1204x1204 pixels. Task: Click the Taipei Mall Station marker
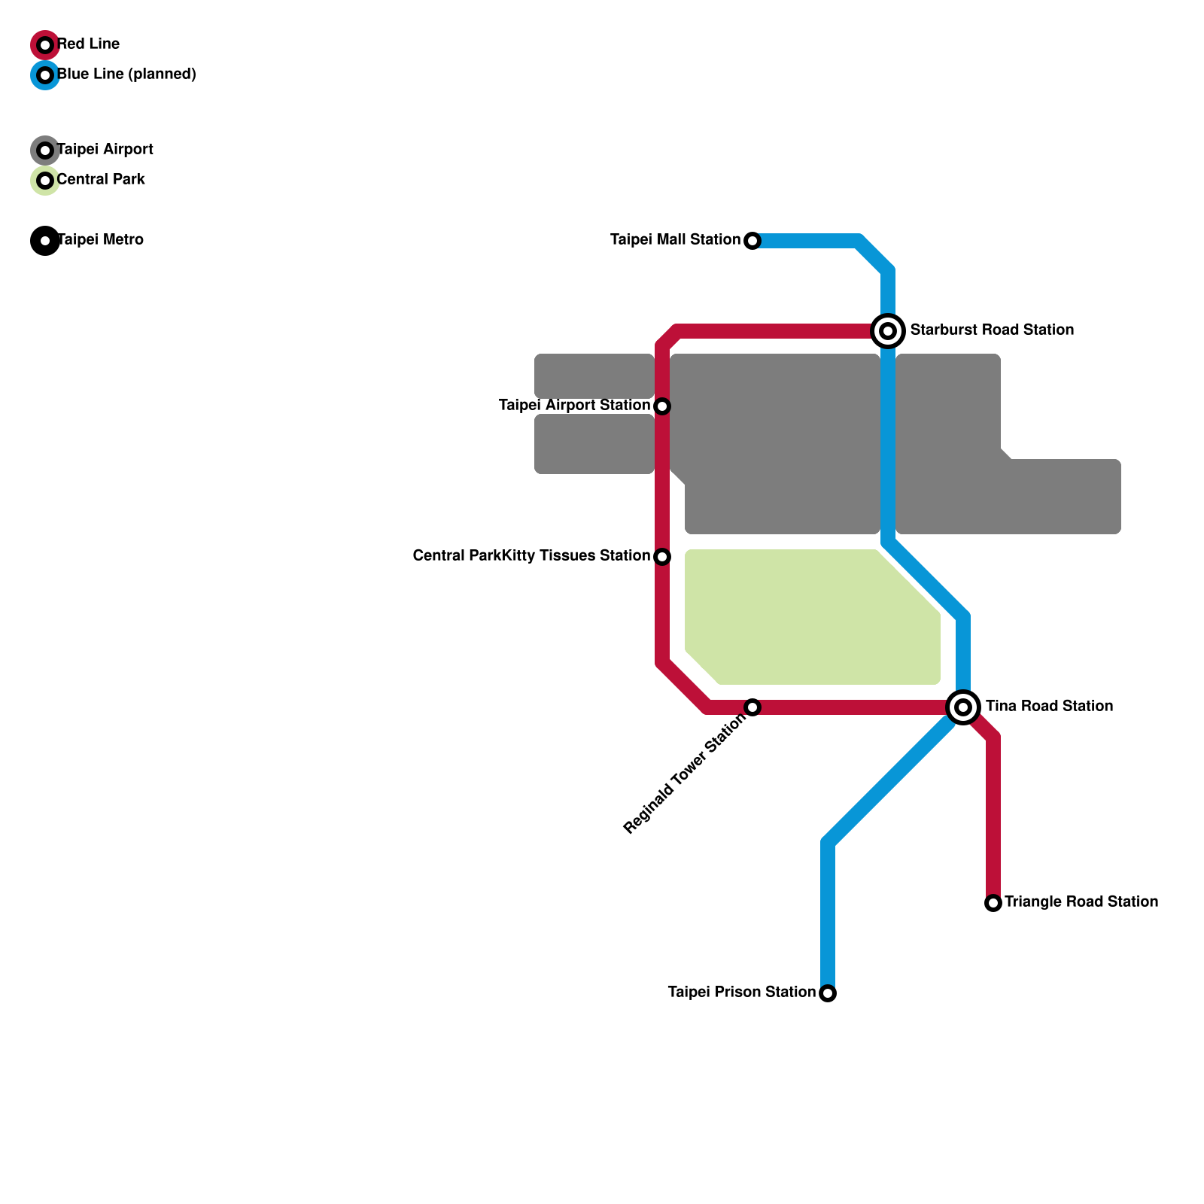(752, 241)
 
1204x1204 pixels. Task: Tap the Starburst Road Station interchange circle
(888, 331)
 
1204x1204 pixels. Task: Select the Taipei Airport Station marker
(662, 406)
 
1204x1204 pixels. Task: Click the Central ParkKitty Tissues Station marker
(662, 557)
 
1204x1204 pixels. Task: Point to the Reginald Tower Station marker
(752, 707)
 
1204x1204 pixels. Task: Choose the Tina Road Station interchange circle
(963, 707)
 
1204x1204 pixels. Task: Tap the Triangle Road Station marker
(993, 903)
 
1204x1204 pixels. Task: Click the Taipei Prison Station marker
(828, 993)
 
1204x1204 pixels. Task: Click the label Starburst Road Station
(992, 330)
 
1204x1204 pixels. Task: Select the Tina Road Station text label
(1049, 707)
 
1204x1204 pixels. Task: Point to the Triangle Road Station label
(1081, 902)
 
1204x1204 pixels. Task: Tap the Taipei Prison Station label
(741, 993)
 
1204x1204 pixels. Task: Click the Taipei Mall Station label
(675, 240)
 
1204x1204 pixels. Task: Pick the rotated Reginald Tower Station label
(685, 774)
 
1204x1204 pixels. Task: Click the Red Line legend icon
(45, 45)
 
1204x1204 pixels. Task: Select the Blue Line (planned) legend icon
(45, 75)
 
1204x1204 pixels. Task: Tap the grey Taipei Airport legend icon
(45, 150)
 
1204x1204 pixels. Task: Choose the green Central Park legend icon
(45, 181)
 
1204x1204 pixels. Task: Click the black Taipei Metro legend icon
(45, 241)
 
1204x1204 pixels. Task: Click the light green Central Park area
(805, 617)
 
